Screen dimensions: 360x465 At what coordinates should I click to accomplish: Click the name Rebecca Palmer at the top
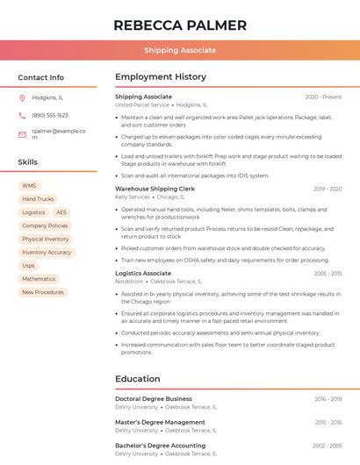tap(180, 25)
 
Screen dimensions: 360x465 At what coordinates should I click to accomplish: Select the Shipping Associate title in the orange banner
tap(180, 50)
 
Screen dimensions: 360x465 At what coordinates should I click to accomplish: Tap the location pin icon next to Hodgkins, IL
tap(22, 98)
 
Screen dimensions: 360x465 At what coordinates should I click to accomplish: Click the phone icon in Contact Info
tap(22, 116)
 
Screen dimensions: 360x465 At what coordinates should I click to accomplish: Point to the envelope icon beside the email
tap(22, 134)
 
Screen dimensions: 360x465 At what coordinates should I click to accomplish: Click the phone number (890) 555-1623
tap(50, 116)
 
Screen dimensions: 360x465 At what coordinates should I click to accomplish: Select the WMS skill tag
tap(29, 186)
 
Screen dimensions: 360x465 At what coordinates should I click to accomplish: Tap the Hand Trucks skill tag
tap(38, 199)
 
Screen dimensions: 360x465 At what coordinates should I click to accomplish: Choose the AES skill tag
tap(61, 212)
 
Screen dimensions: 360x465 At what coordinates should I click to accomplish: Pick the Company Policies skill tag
tap(45, 225)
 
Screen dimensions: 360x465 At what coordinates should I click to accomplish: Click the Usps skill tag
tap(29, 265)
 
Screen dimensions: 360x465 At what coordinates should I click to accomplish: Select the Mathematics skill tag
tap(39, 279)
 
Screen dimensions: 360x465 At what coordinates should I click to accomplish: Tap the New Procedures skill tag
tap(43, 292)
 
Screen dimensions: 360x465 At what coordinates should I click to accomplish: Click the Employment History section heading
tap(161, 77)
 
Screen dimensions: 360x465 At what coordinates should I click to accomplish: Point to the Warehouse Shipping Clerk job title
tap(155, 189)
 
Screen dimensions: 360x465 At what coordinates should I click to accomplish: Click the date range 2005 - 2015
tap(328, 274)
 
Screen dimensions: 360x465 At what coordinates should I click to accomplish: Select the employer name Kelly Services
tap(133, 197)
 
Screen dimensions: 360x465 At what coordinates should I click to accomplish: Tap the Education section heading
tap(138, 379)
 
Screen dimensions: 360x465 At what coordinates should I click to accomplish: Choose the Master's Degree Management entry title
tap(160, 422)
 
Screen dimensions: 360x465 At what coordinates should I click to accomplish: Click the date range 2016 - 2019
tap(328, 399)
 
